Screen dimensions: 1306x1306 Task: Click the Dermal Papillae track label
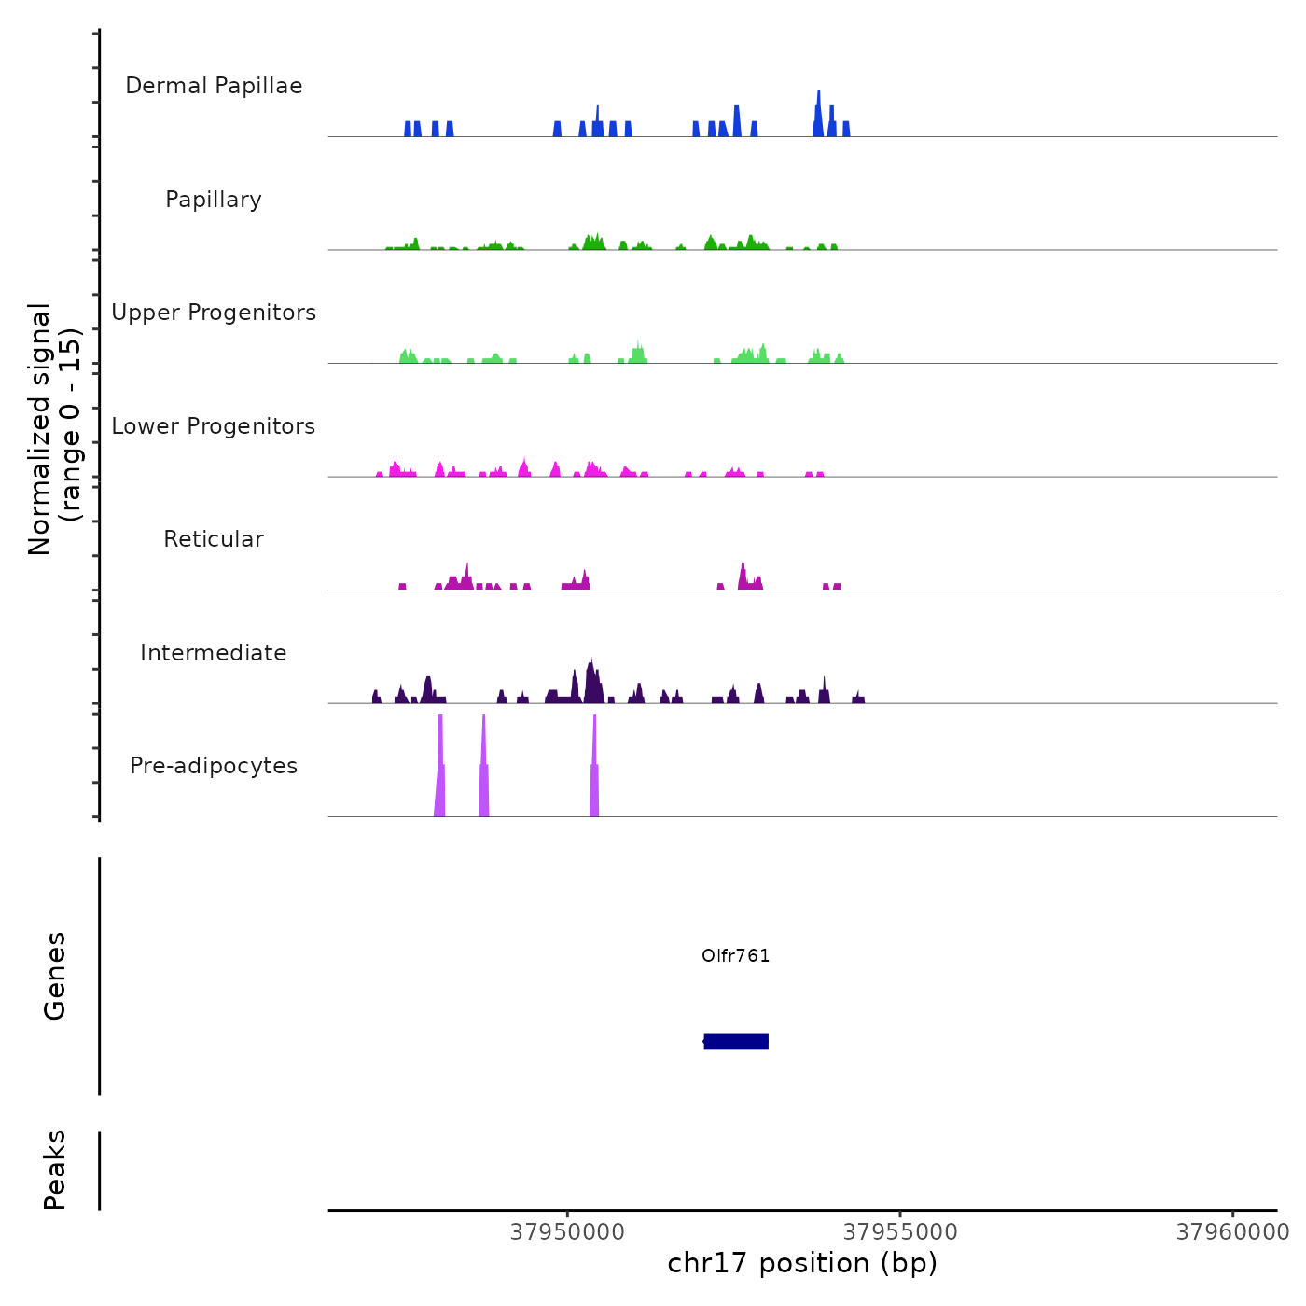click(x=214, y=86)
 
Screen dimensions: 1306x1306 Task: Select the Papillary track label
click(x=214, y=200)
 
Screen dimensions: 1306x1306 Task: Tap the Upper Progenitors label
click(x=214, y=313)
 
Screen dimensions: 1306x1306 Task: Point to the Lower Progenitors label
click(x=214, y=426)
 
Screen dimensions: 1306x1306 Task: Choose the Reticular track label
click(x=214, y=539)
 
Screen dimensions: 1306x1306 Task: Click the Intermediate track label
click(x=214, y=653)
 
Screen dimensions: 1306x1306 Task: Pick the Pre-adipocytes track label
click(x=214, y=766)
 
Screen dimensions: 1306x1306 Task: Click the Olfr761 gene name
click(x=736, y=956)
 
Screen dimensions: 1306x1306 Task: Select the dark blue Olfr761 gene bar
click(x=736, y=1041)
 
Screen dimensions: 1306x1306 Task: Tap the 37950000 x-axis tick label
click(x=567, y=1232)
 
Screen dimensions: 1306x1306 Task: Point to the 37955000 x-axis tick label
click(x=900, y=1232)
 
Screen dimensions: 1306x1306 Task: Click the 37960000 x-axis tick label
click(x=1232, y=1232)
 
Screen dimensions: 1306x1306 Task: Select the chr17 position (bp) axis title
click(x=802, y=1263)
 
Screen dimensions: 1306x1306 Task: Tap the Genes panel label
click(x=55, y=976)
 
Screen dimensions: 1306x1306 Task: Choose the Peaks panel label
click(x=55, y=1170)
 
